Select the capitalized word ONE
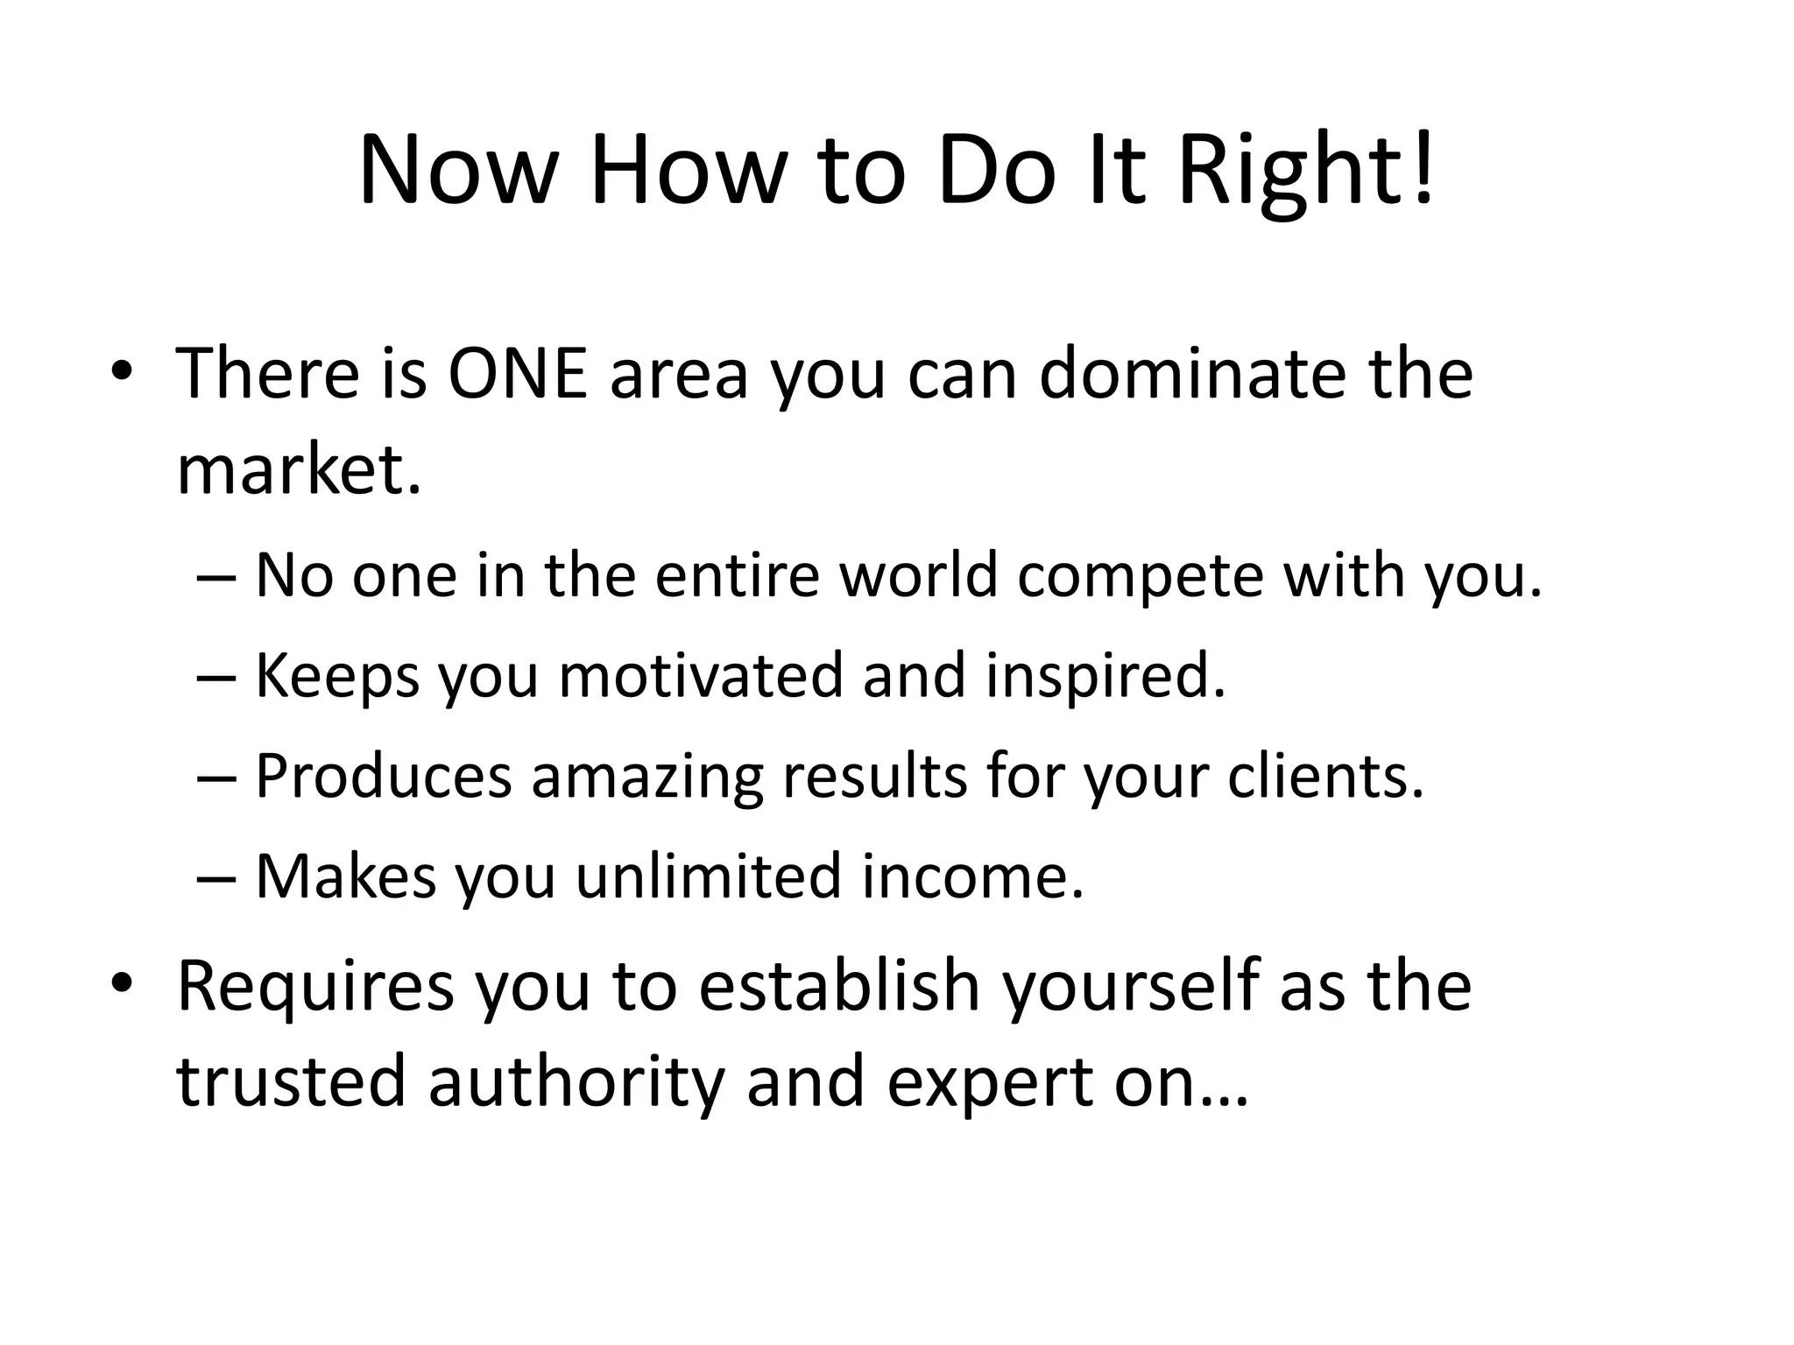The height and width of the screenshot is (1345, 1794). point(517,374)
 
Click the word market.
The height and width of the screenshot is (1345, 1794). point(299,469)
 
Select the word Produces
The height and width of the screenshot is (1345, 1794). point(383,777)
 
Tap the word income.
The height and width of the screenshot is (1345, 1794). point(972,877)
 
